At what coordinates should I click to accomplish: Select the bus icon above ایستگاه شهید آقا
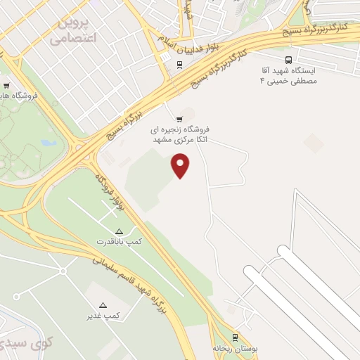pos(289,60)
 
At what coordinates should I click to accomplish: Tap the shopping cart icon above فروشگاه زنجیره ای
pos(179,119)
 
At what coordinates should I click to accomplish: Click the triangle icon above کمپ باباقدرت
pos(119,231)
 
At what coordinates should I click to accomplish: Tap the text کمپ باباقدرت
pos(120,241)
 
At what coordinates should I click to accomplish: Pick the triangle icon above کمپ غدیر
pos(103,305)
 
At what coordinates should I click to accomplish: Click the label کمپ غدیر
pos(103,315)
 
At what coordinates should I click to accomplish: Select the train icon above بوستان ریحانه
pos(236,337)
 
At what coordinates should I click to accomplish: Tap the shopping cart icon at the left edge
pos(6,85)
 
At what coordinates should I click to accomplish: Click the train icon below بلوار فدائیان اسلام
pos(181,65)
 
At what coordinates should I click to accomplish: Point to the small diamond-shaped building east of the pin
pos(314,142)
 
